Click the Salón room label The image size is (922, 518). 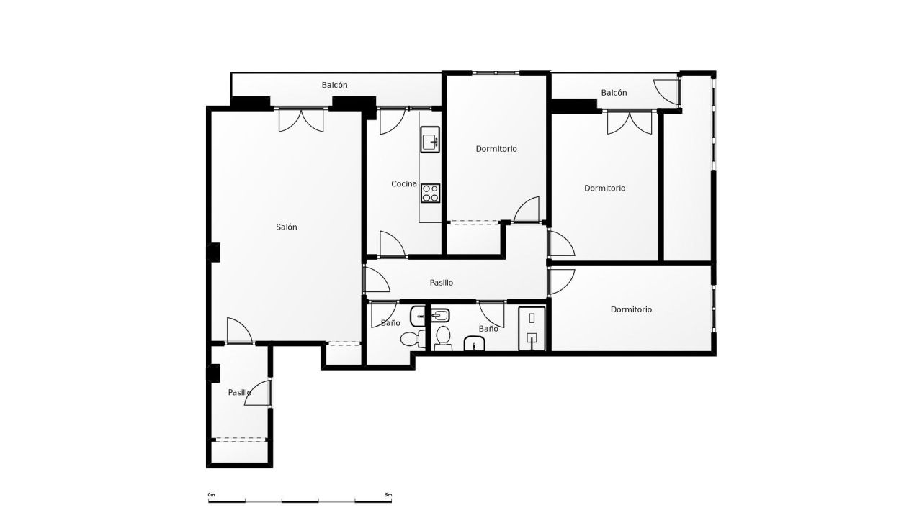pos(286,227)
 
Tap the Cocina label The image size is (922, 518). pos(404,183)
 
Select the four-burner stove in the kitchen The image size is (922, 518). pos(431,193)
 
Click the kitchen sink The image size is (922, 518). pos(430,140)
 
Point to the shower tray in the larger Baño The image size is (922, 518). pos(532,329)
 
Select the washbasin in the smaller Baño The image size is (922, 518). pos(419,315)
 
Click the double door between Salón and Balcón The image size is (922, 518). pos(301,119)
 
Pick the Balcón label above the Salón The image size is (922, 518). pos(334,85)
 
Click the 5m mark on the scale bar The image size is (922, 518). pos(388,496)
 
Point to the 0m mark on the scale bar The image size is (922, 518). pos(211,496)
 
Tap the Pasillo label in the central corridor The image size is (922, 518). pos(441,283)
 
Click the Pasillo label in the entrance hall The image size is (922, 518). pos(239,392)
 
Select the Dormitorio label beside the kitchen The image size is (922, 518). pos(496,149)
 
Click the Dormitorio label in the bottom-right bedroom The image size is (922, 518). pos(631,309)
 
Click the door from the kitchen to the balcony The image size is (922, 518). pos(389,121)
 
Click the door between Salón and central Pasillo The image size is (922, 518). pos(375,280)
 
